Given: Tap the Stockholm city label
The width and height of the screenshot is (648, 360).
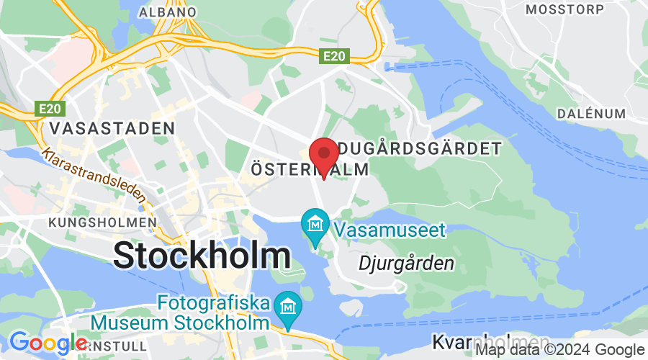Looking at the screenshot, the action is (202, 256).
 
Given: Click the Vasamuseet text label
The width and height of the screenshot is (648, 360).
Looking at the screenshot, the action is (390, 230).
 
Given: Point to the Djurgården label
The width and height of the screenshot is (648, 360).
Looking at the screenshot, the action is (406, 263).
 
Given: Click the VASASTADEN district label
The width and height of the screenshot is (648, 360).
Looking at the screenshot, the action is (112, 129).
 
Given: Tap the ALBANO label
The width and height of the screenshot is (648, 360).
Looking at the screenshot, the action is (167, 12).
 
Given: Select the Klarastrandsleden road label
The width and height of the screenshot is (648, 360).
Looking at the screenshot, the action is (94, 175).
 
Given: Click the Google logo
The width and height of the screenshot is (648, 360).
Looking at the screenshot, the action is (48, 343).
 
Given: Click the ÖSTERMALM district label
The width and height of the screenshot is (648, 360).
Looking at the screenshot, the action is (310, 170).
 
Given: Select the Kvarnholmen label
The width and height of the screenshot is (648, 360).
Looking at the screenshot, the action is (482, 341).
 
